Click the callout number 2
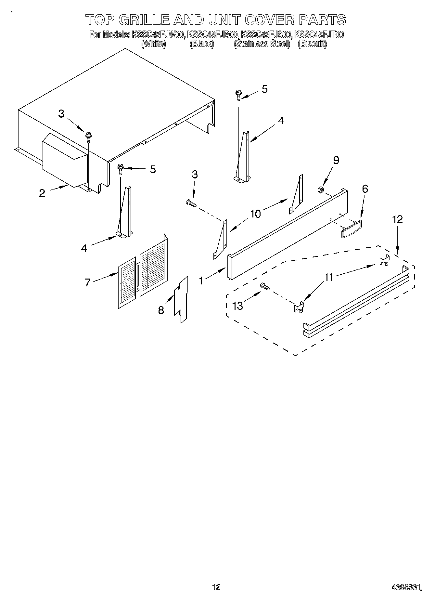click(42, 193)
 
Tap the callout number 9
click(336, 160)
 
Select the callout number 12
click(397, 219)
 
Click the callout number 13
click(238, 306)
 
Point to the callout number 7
click(87, 282)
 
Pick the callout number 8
click(161, 310)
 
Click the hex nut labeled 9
click(319, 189)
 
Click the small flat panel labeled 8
click(181, 299)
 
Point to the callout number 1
click(202, 280)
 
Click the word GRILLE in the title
click(144, 20)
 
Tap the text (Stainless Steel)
click(262, 44)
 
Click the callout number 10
click(255, 214)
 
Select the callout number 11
click(329, 277)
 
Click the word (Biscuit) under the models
click(312, 44)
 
